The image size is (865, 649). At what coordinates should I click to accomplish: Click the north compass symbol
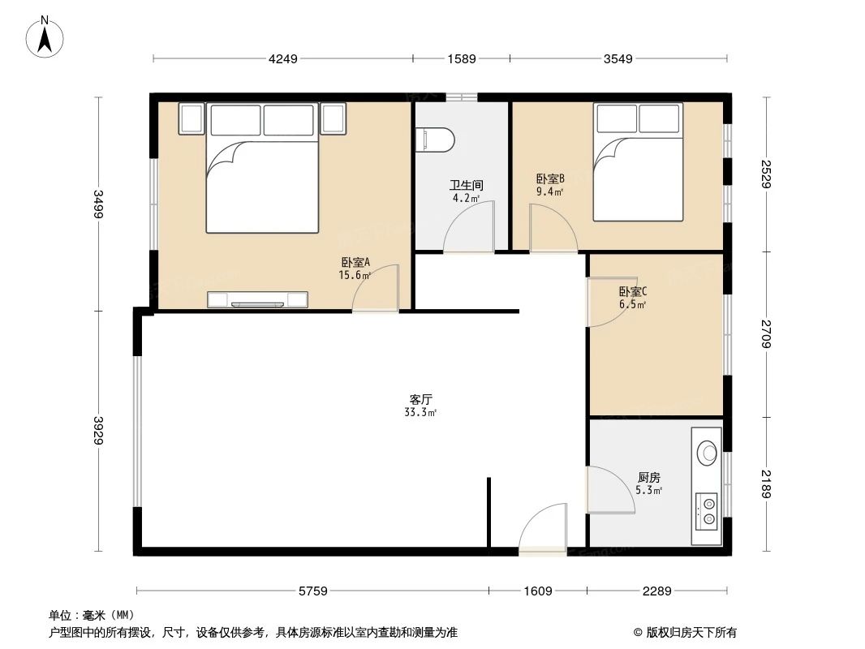[46, 37]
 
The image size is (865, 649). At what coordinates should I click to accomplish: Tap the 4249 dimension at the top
[284, 58]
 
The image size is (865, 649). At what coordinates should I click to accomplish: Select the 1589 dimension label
[461, 58]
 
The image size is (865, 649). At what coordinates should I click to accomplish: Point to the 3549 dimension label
[618, 58]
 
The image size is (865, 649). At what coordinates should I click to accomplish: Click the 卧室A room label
[355, 262]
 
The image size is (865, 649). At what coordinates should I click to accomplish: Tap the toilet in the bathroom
[435, 140]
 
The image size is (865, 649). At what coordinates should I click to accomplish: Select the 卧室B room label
[549, 178]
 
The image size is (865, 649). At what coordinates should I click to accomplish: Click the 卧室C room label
[632, 292]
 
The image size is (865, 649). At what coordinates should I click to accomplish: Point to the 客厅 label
[420, 399]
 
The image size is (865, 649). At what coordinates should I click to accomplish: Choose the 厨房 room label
[648, 478]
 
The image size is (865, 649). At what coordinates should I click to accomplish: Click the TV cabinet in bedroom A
[258, 300]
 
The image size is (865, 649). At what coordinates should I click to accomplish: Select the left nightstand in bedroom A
[192, 119]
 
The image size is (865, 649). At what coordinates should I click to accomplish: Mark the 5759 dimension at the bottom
[312, 591]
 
